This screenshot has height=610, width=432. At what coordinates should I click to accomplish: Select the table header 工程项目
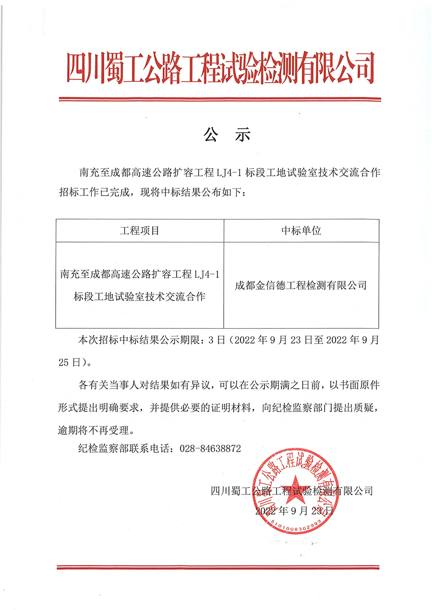pyautogui.click(x=139, y=230)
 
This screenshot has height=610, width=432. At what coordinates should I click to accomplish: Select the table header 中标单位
pyautogui.click(x=301, y=230)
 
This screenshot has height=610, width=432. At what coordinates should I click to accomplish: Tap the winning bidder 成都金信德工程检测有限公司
pyautogui.click(x=301, y=286)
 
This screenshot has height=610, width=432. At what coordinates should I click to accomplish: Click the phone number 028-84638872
pyautogui.click(x=210, y=449)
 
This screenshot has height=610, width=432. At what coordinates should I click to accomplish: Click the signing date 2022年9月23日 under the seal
pyautogui.click(x=294, y=511)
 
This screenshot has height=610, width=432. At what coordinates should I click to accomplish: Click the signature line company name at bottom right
pyautogui.click(x=291, y=490)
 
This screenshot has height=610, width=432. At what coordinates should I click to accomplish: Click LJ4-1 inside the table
pyautogui.click(x=207, y=274)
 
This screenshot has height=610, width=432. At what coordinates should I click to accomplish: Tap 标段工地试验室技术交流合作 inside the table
pyautogui.click(x=139, y=297)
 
